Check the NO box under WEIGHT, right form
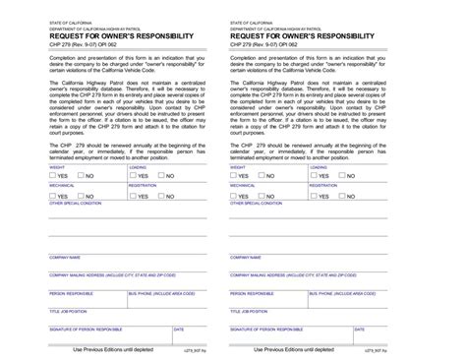point(266,176)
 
